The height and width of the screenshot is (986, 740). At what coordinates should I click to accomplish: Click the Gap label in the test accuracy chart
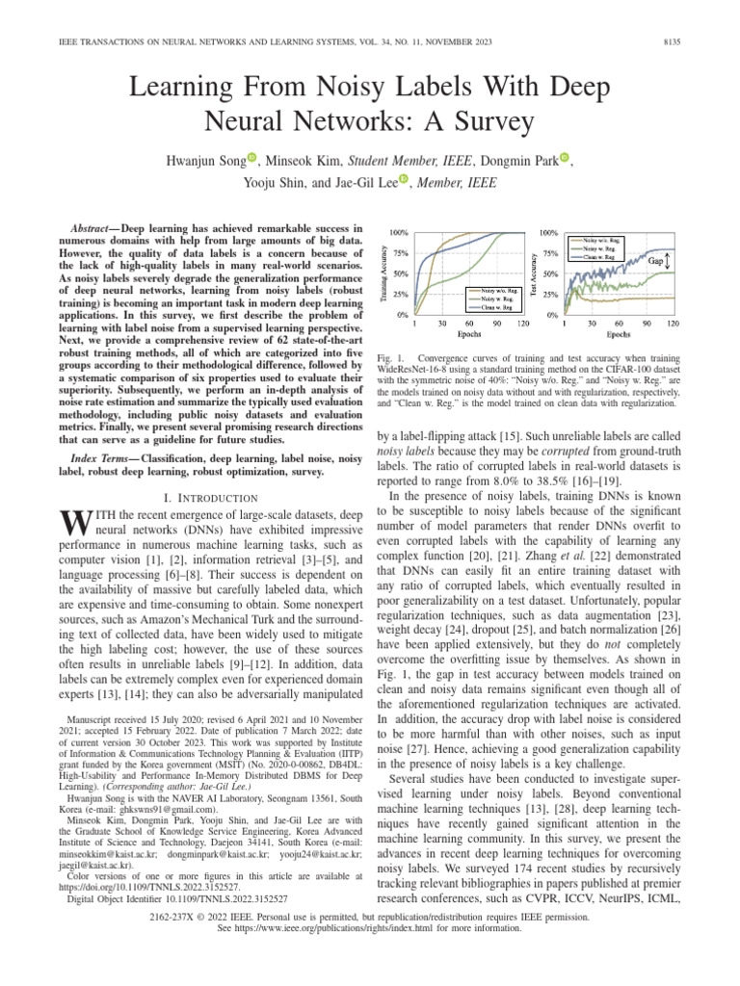coord(654,261)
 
